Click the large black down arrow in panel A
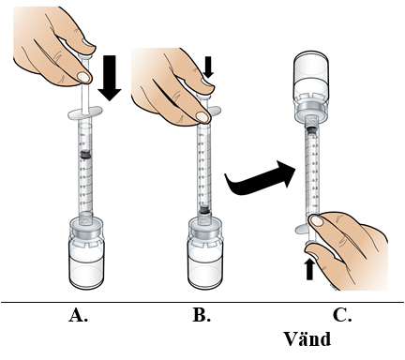point(110,78)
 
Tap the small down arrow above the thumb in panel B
point(208,67)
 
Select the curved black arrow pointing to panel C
point(260,178)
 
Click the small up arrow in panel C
point(309,270)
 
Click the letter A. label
point(79,315)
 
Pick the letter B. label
point(202,315)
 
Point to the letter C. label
point(342,315)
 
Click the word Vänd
point(307,339)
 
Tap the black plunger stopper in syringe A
point(85,155)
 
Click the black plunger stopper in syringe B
point(204,210)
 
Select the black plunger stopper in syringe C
point(312,130)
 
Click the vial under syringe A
point(86,253)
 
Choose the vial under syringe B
point(205,253)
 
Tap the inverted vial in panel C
point(311,86)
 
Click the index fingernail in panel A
point(84,77)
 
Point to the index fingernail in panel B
point(202,117)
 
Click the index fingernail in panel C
point(317,221)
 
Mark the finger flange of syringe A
point(85,112)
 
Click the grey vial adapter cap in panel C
point(311,112)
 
